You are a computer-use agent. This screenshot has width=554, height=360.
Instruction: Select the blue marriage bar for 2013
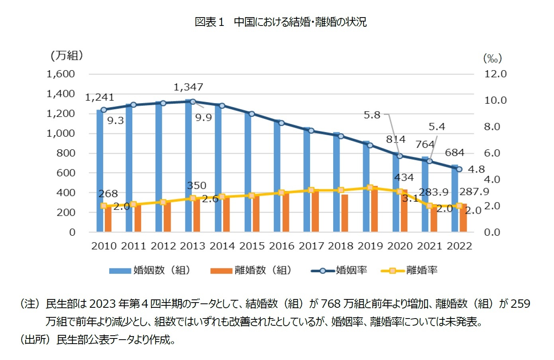pyautogui.click(x=189, y=167)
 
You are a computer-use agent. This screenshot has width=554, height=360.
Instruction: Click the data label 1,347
pyautogui.click(x=188, y=87)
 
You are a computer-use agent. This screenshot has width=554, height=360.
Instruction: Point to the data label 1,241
pyautogui.click(x=100, y=97)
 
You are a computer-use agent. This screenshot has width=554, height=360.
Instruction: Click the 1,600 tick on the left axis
pyautogui.click(x=61, y=74)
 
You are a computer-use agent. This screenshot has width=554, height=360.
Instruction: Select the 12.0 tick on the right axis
pyautogui.click(x=495, y=74)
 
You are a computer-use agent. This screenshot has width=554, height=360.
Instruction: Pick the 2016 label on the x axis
pyautogui.click(x=282, y=246)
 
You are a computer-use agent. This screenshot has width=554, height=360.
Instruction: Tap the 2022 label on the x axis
pyautogui.click(x=459, y=246)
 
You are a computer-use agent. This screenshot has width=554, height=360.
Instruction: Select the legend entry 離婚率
pyautogui.click(x=422, y=270)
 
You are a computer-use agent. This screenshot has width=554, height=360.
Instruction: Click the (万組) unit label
pyautogui.click(x=67, y=55)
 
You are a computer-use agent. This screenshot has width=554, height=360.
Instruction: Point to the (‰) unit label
pyautogui.click(x=492, y=59)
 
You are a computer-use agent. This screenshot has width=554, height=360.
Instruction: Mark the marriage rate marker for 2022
pyautogui.click(x=459, y=169)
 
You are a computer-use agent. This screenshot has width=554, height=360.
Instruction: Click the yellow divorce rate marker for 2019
pyautogui.click(x=370, y=187)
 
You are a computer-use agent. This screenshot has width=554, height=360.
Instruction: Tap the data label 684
pyautogui.click(x=454, y=153)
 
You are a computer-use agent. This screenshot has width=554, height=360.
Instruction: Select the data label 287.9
pyautogui.click(x=474, y=192)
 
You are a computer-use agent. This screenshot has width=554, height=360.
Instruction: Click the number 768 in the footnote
pyautogui.click(x=331, y=304)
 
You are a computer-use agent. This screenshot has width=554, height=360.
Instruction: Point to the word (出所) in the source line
pyautogui.click(x=35, y=340)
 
